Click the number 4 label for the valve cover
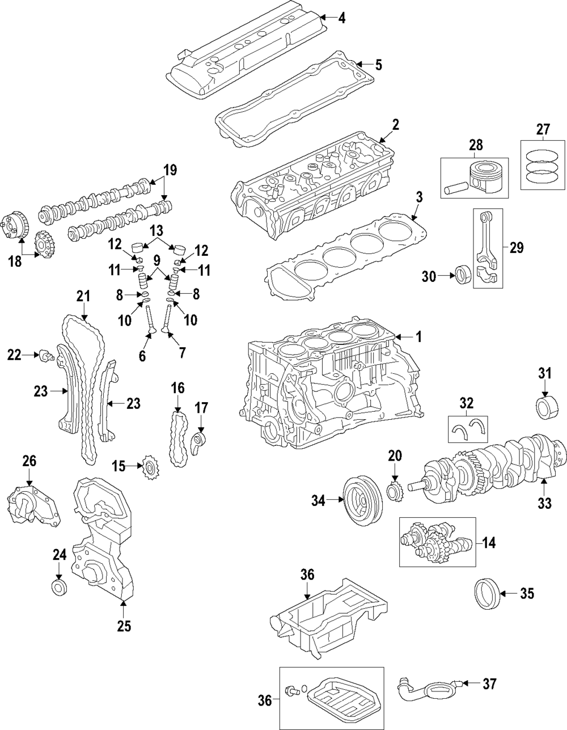click(x=341, y=18)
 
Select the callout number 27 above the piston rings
click(x=543, y=130)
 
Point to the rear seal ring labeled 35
click(x=486, y=594)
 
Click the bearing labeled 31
click(x=545, y=407)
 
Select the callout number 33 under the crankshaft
click(x=544, y=503)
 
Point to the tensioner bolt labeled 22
click(x=46, y=356)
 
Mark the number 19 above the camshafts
click(x=171, y=170)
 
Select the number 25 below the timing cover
click(x=124, y=626)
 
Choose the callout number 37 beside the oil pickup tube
click(x=489, y=684)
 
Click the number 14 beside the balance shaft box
click(x=489, y=543)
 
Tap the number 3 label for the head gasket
click(x=419, y=198)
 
